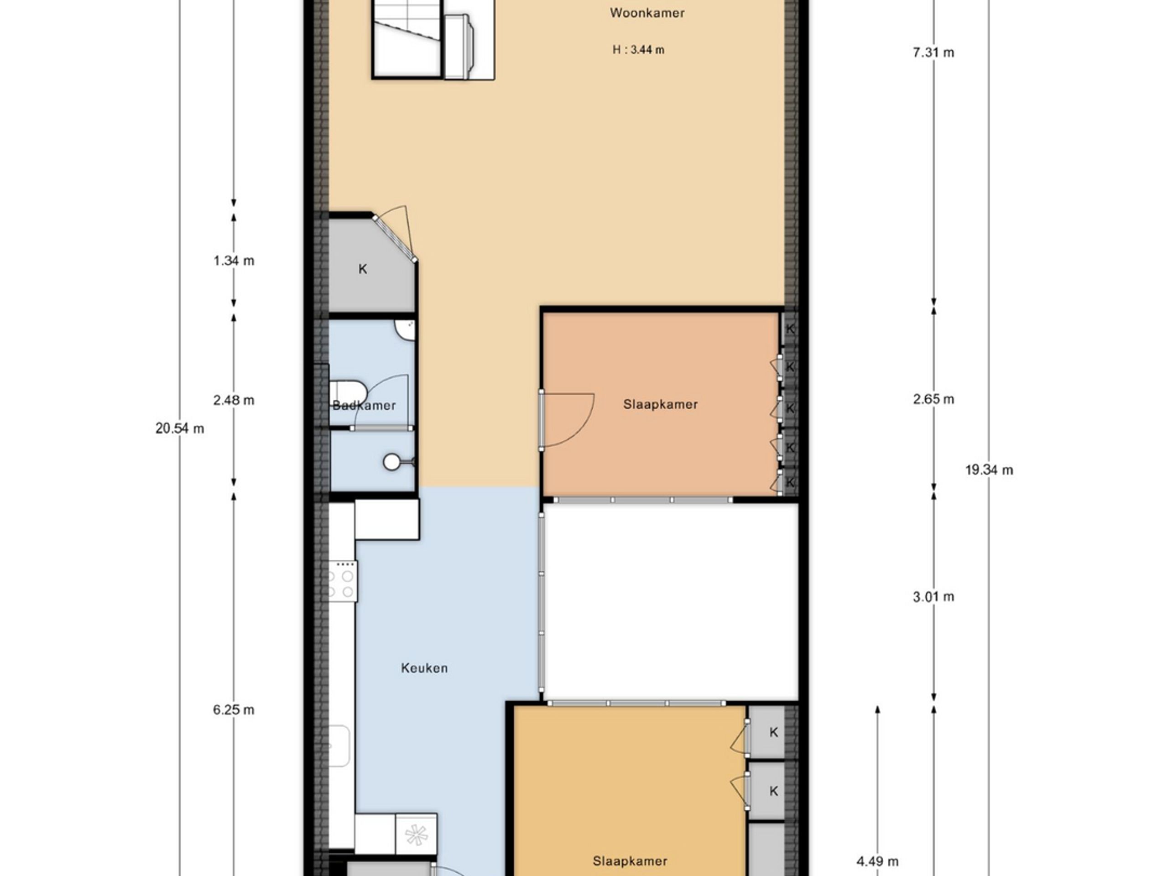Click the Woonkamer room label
click(647, 13)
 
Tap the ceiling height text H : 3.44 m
click(638, 50)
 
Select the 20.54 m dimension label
click(179, 428)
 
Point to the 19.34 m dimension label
click(989, 470)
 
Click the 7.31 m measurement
click(933, 53)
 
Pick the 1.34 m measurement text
click(234, 261)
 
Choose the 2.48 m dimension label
click(234, 401)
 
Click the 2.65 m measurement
click(933, 400)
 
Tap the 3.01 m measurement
click(933, 597)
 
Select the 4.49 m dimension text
click(877, 862)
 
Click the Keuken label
click(424, 668)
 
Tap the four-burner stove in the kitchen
click(342, 581)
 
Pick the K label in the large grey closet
click(363, 269)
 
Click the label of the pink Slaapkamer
click(660, 405)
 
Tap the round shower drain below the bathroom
click(391, 462)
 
